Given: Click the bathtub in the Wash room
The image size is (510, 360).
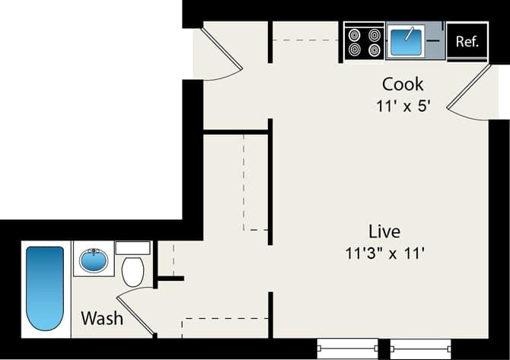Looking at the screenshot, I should pyautogui.click(x=45, y=288).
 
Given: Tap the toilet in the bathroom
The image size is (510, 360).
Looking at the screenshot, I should pyautogui.click(x=132, y=271).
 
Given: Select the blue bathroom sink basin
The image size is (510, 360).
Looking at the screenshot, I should pyautogui.click(x=94, y=261).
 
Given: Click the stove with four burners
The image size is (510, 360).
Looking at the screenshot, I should pyautogui.click(x=363, y=41).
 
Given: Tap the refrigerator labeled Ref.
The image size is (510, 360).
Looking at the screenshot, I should pyautogui.click(x=467, y=42).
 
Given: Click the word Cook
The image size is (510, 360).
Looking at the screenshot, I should pyautogui.click(x=403, y=84).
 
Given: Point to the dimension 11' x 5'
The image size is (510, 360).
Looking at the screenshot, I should pyautogui.click(x=404, y=106).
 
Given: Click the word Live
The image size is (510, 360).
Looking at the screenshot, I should pyautogui.click(x=384, y=231).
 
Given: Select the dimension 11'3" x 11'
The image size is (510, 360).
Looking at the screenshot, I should pyautogui.click(x=384, y=253).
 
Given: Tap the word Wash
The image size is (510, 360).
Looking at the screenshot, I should pyautogui.click(x=102, y=317).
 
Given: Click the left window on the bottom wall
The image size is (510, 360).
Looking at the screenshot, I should pyautogui.click(x=347, y=348).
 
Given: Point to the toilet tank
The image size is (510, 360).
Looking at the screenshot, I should pyautogui.click(x=132, y=248).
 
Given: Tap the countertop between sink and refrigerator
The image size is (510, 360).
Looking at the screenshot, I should pyautogui.click(x=435, y=41).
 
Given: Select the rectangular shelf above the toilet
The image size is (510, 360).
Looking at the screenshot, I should pyautogui.click(x=132, y=248).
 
